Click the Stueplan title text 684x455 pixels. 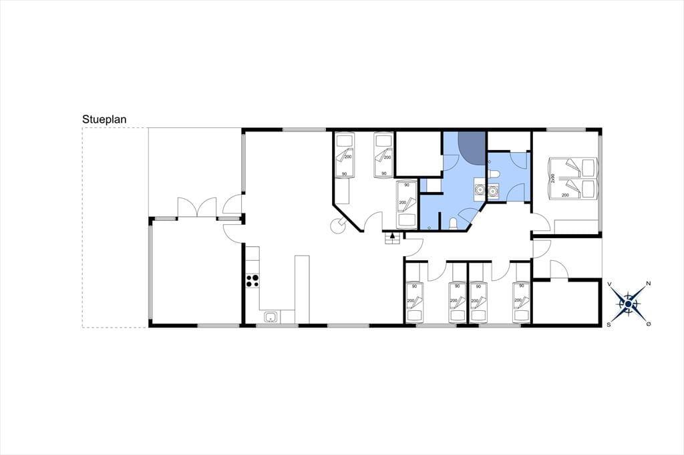104,120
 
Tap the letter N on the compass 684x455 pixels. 648,284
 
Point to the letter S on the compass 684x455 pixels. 609,325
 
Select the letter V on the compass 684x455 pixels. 609,284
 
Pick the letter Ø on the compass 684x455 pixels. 649,324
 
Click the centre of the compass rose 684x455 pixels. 628,304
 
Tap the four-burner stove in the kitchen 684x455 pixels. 252,281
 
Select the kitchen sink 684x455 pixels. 271,318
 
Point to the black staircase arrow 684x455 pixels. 392,236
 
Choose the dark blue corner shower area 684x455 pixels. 473,147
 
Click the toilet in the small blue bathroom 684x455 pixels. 494,175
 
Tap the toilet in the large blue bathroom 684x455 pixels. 454,224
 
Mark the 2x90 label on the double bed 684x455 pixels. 553,179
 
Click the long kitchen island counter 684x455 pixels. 302,290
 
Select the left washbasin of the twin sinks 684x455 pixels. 480,189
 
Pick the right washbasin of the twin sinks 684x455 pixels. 492,190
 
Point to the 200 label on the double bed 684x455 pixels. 565,195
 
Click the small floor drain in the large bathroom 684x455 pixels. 430,227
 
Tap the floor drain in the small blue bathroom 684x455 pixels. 490,161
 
